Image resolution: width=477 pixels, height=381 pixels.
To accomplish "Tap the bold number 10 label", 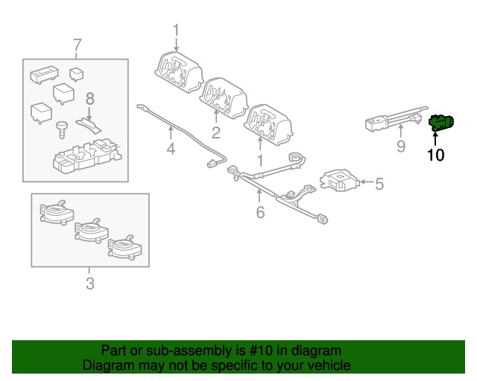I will (435, 155).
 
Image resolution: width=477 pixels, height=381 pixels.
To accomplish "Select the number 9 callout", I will (401, 147).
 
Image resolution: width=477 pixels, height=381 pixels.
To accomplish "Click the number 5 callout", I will (379, 183).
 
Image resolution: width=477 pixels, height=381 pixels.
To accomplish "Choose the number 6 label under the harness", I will (260, 213).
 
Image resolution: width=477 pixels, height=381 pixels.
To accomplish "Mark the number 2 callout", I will (216, 133).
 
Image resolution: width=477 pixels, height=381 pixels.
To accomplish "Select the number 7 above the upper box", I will (76, 46).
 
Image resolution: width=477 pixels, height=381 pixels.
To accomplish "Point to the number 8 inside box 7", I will (89, 98).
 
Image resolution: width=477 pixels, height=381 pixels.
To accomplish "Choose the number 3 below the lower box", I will (89, 283).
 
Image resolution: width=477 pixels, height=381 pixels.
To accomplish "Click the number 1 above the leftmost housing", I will (176, 31).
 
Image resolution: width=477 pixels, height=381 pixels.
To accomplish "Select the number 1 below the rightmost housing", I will (260, 159).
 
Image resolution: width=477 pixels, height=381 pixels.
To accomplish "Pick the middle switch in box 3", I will (89, 230).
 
